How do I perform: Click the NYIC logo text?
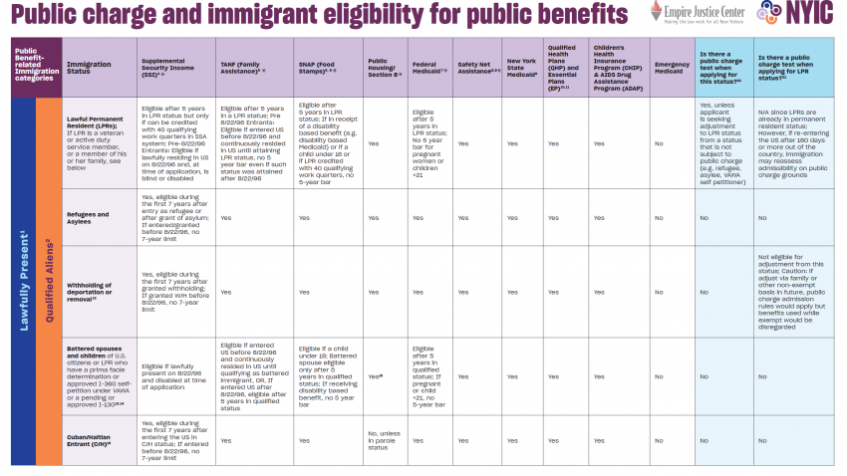click(x=811, y=14)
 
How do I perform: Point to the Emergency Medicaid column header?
click(x=672, y=68)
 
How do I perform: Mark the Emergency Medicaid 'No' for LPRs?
click(x=659, y=143)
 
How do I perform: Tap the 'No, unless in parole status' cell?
click(x=384, y=440)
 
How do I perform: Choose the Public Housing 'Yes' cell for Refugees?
click(x=374, y=217)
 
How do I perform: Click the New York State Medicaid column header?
click(x=522, y=68)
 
